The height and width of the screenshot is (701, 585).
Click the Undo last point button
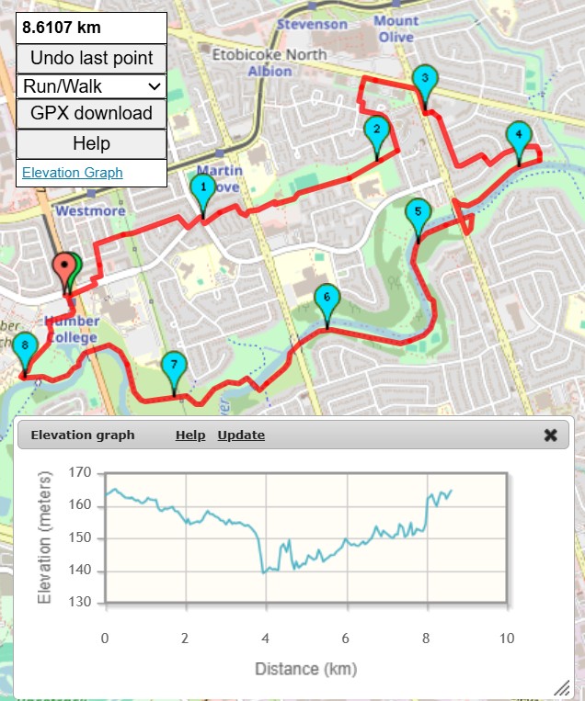91,58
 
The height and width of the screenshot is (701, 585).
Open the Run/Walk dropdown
91,86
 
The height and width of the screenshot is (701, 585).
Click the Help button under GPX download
91,143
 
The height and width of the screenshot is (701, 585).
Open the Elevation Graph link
72,173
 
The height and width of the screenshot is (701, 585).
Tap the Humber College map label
71,330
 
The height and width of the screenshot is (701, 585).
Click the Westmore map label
90,210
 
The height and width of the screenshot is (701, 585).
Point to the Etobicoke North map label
270,54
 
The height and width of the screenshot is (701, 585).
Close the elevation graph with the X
550,435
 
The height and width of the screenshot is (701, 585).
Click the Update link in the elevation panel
241,435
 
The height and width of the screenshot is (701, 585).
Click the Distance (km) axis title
305,668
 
